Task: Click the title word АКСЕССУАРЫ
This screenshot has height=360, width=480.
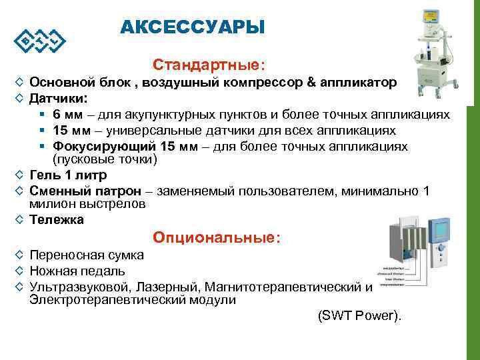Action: click(x=193, y=27)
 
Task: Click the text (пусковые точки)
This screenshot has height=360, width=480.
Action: click(x=105, y=160)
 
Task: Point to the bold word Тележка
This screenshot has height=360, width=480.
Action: click(x=57, y=220)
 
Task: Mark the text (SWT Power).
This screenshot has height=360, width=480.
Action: click(x=360, y=316)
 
